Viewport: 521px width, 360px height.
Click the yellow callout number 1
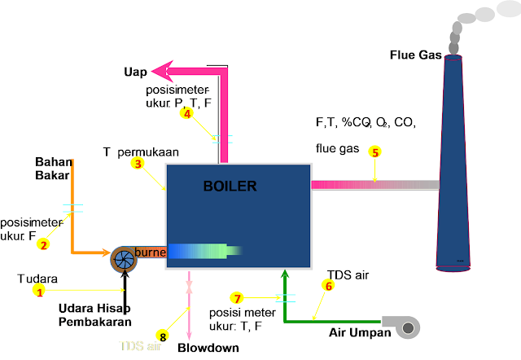tap(37, 291)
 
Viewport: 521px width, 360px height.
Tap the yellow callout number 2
tap(44, 244)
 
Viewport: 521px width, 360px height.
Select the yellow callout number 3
tap(138, 164)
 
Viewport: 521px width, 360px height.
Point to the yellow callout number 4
tap(187, 114)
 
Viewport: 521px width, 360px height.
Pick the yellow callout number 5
tap(374, 151)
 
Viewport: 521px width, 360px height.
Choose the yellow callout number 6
tap(329, 286)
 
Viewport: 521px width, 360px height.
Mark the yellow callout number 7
tap(237, 298)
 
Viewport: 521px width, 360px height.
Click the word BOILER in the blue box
tap(230, 187)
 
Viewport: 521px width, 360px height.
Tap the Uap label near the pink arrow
tap(135, 72)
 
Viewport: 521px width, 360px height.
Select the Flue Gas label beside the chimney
tap(416, 55)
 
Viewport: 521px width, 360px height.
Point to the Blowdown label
tap(208, 348)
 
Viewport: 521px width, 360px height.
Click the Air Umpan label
tap(359, 332)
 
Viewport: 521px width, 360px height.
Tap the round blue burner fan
tap(125, 259)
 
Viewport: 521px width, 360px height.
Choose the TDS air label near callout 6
tap(348, 275)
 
